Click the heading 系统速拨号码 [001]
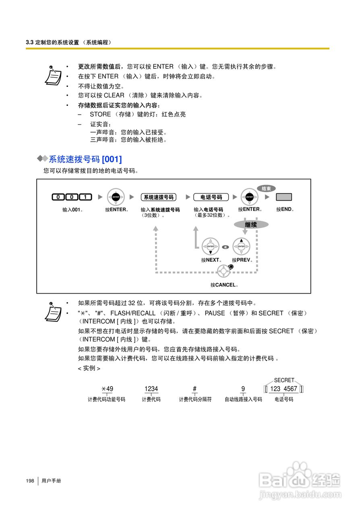(x=85, y=159)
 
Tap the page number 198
(x=30, y=481)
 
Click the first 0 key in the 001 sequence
(x=58, y=197)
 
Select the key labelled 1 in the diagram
(x=85, y=197)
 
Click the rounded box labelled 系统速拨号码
(x=159, y=197)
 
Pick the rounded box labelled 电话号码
(x=211, y=197)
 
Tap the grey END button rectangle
(x=283, y=197)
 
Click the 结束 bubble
(x=266, y=188)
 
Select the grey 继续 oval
(x=251, y=225)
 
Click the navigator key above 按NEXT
(x=210, y=246)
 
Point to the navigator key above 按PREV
(x=241, y=246)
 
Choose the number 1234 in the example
(x=151, y=389)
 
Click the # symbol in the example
(x=195, y=389)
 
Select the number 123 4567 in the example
(x=284, y=389)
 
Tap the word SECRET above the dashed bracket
(x=284, y=380)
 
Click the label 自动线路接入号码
(x=243, y=400)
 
